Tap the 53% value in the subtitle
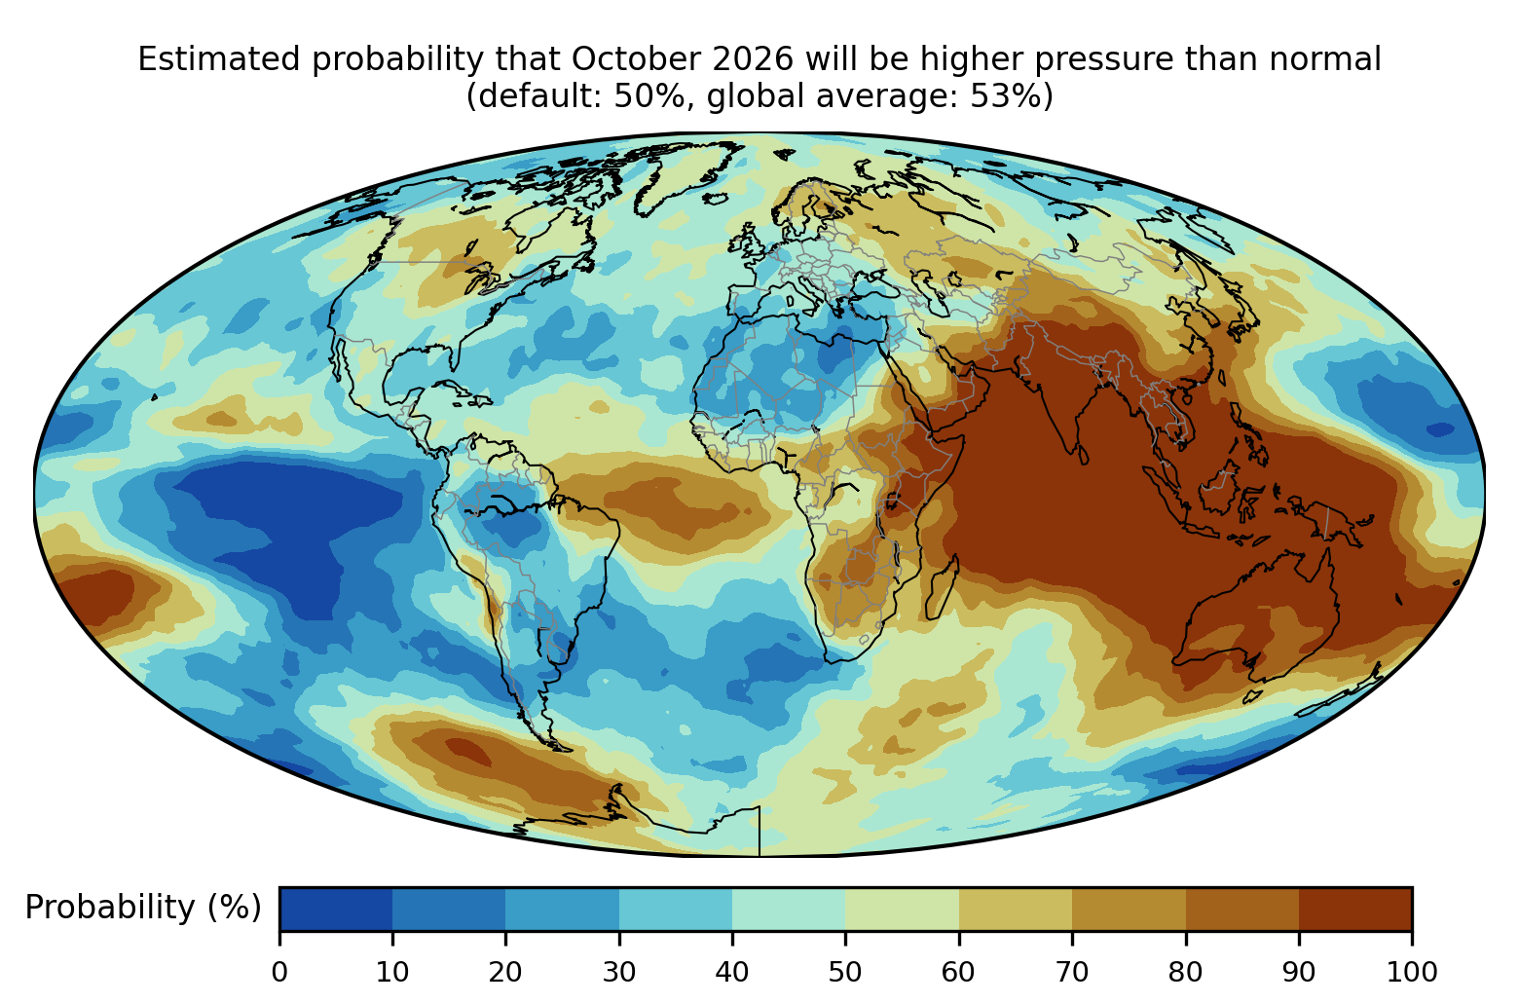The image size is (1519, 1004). coord(1004,96)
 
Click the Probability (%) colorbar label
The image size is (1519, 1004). coord(143,908)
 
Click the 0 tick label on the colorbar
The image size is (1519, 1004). coord(279,973)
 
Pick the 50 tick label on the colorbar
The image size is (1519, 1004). coord(845,973)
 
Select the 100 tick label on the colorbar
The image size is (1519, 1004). coord(1412,973)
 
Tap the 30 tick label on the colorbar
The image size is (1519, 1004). coord(619,973)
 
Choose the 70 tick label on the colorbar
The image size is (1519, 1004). coord(1072,973)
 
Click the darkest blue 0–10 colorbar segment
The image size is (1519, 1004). coord(336,909)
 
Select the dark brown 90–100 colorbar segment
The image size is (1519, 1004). coord(1355,909)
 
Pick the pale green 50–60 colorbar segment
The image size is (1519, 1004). coord(902,909)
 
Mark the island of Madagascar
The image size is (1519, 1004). coord(942,588)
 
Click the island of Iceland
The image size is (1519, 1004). coord(716,199)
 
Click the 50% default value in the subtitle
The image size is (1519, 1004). coord(648,96)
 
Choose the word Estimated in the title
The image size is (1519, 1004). coord(218,59)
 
